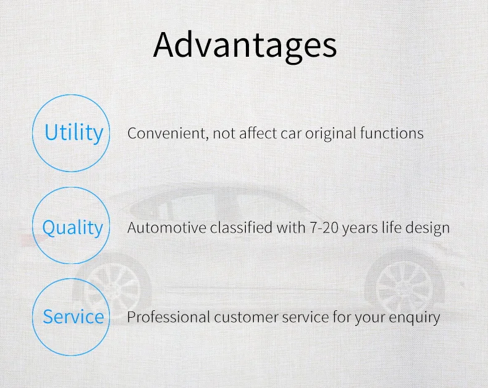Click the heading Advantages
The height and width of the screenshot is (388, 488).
pos(245,46)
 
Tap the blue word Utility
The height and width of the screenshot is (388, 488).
pos(74,133)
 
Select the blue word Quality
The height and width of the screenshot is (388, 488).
pos(72,228)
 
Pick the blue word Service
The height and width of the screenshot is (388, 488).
pos(74,316)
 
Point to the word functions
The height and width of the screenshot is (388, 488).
pos(392,133)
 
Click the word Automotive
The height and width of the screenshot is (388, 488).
pos(167,228)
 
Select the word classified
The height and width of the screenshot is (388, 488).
pos(241,227)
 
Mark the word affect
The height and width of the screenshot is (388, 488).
pos(258,133)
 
